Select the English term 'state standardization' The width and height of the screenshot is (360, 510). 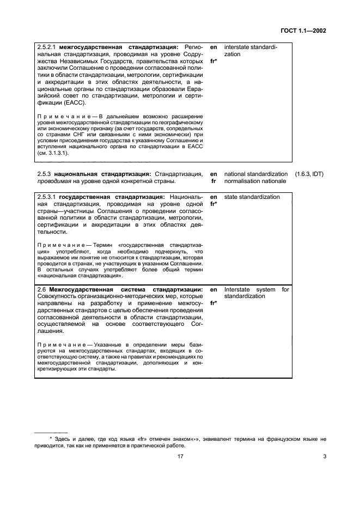(x=252, y=197)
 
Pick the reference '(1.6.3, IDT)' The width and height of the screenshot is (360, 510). (x=309, y=173)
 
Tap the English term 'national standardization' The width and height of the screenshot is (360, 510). (x=256, y=173)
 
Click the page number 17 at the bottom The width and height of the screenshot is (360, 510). (x=180, y=457)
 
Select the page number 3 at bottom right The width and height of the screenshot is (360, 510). (x=324, y=457)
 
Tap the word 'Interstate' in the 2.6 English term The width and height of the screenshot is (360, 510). (x=237, y=289)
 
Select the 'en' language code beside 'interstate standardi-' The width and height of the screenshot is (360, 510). (x=213, y=47)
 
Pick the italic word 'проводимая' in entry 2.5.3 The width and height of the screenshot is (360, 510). (x=53, y=181)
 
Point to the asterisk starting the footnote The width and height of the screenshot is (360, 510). (x=51, y=438)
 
